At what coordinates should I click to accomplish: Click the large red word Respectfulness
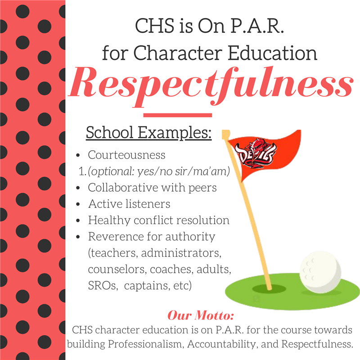point(211,86)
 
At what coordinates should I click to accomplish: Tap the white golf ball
point(320,272)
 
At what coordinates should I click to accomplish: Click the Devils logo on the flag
point(255,153)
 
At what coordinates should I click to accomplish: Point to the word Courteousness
point(126,155)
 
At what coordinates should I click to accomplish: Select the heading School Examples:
point(148,133)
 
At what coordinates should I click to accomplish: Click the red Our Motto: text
point(201,315)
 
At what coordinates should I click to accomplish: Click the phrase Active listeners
point(129,204)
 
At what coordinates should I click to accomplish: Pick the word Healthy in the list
point(109,220)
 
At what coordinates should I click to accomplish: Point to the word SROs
point(103,286)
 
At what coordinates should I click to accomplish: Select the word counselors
point(117,270)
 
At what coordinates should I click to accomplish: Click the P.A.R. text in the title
point(257,26)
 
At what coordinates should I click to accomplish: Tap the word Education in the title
point(273,53)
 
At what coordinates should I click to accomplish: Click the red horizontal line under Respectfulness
point(177,115)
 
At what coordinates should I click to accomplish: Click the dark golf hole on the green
point(269,289)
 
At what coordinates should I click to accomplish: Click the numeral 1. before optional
point(82,171)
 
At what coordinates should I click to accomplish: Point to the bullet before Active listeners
point(78,204)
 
